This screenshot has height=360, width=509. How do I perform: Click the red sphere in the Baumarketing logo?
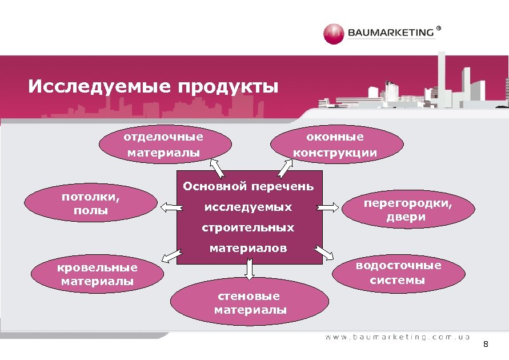(x=333, y=34)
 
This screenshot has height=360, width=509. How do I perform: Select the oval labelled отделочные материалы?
(x=164, y=145)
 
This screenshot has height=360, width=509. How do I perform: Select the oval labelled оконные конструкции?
(x=335, y=145)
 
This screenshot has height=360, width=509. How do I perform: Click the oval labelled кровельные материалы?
(x=97, y=274)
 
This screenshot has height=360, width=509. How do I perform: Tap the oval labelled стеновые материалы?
(x=250, y=303)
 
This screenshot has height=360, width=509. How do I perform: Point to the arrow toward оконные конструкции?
(x=286, y=167)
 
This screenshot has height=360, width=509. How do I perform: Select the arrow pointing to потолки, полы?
(x=168, y=207)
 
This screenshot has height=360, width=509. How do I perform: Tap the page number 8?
(x=486, y=344)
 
